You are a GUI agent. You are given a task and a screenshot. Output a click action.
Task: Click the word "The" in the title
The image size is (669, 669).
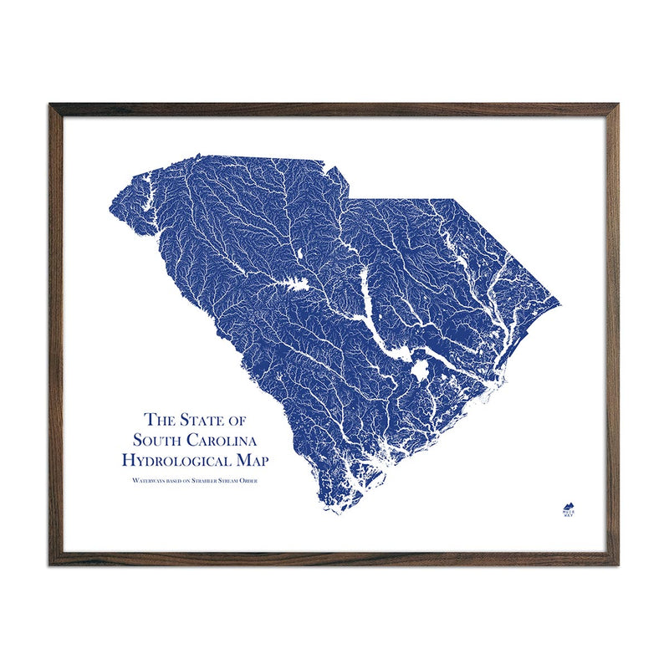[162, 419]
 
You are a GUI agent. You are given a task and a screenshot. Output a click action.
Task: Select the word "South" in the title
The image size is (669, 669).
[160, 439]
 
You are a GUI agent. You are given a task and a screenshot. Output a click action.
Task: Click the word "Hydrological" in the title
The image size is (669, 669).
[179, 460]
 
